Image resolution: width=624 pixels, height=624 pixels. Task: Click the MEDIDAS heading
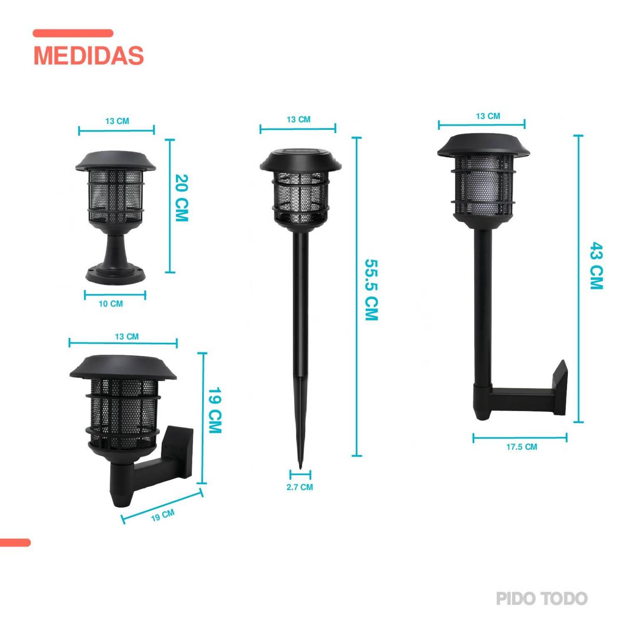click(x=89, y=55)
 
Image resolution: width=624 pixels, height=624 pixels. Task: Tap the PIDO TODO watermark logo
click(x=541, y=599)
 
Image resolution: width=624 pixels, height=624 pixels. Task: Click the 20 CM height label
click(x=182, y=198)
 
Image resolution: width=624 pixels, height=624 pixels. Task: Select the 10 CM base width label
click(x=111, y=303)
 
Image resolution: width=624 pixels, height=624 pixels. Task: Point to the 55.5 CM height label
click(x=371, y=290)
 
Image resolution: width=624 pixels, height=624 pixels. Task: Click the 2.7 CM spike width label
click(x=300, y=487)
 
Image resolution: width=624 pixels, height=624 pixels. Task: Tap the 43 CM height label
click(x=596, y=266)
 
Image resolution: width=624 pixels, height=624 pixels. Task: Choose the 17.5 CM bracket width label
click(x=521, y=447)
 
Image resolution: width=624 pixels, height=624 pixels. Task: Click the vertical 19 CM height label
click(x=215, y=410)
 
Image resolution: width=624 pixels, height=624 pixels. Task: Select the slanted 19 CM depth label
click(x=163, y=516)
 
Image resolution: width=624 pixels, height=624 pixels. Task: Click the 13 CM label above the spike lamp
click(x=298, y=119)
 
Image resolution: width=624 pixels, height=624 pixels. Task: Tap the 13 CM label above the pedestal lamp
click(x=117, y=121)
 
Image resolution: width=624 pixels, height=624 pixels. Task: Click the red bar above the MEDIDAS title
click(x=73, y=33)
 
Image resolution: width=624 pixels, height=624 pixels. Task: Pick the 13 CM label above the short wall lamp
click(x=127, y=336)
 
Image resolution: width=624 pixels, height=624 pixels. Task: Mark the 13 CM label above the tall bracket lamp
click(x=488, y=116)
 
